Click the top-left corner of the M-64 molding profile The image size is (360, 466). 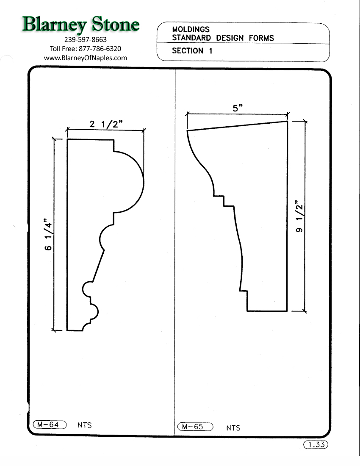pyautogui.click(x=67, y=139)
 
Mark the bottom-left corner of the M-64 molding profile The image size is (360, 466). pyautogui.click(x=67, y=330)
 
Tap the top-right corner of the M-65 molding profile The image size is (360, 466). pyautogui.click(x=287, y=121)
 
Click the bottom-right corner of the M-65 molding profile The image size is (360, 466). pyautogui.click(x=287, y=311)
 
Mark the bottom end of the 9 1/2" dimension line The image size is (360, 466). pyautogui.click(x=305, y=311)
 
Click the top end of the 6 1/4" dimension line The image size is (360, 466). pyautogui.click(x=54, y=139)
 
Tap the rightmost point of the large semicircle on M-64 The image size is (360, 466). pyautogui.click(x=144, y=182)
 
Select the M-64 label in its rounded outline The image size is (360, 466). pyautogui.click(x=50, y=424)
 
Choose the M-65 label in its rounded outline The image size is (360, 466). pyautogui.click(x=195, y=427)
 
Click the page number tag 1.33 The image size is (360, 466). pyautogui.click(x=316, y=444)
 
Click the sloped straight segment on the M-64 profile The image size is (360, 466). pyautogui.click(x=98, y=266)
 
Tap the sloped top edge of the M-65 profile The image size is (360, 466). pyautogui.click(x=237, y=125)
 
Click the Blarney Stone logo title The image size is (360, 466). pyautogui.click(x=81, y=25)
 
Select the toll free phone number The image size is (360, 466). pyautogui.click(x=85, y=48)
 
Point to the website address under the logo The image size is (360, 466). pyautogui.click(x=85, y=58)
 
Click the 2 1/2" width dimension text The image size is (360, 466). pyautogui.click(x=106, y=124)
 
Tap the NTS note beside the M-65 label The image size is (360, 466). pyautogui.click(x=233, y=428)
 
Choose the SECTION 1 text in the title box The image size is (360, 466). pyautogui.click(x=192, y=51)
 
